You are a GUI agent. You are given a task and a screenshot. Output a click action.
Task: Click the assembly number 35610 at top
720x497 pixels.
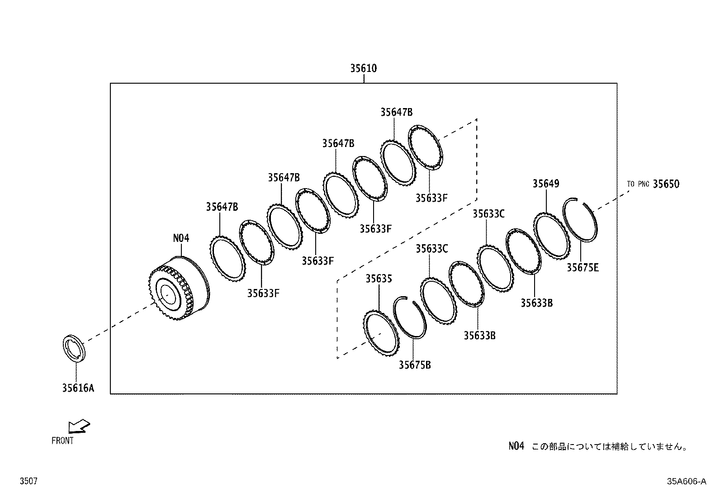[363, 68]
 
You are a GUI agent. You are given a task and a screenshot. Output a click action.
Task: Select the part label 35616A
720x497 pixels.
[78, 388]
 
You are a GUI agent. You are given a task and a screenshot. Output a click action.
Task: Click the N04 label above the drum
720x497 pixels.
[181, 238]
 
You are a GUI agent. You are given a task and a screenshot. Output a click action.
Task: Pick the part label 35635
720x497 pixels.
[379, 279]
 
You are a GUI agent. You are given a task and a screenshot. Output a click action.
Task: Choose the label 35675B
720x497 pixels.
[414, 364]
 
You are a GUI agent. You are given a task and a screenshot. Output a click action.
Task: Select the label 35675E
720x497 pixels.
[583, 268]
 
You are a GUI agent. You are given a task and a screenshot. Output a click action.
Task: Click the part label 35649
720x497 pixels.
[545, 184]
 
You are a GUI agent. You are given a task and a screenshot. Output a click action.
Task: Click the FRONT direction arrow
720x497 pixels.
[79, 426]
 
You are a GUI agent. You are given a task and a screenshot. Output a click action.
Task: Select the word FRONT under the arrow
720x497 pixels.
[62, 440]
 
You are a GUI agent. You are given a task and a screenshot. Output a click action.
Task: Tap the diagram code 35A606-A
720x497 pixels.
[686, 481]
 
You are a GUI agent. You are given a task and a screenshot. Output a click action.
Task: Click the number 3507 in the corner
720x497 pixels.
[28, 482]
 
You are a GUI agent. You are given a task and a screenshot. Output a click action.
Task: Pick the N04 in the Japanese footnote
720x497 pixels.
[516, 446]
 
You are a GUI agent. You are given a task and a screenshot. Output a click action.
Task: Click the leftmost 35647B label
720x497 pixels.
[222, 207]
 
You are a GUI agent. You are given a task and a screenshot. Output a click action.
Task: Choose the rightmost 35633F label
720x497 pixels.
[431, 198]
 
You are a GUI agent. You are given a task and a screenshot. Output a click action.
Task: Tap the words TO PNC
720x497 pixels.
[638, 184]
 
